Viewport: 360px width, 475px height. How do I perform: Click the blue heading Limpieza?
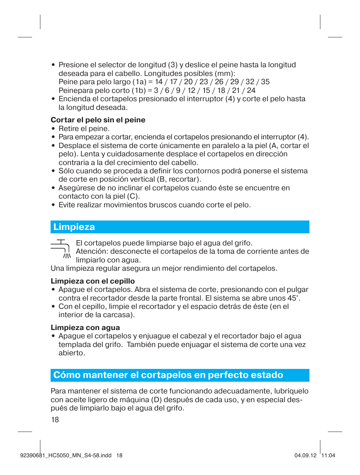pyautogui.click(x=74, y=227)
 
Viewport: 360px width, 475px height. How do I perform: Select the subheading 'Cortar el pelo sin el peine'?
pyautogui.click(x=98, y=120)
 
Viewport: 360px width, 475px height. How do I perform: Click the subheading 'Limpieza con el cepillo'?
pyautogui.click(x=93, y=281)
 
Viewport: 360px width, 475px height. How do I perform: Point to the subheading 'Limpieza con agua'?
pyautogui.click(x=85, y=328)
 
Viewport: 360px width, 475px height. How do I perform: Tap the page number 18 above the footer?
pyautogui.click(x=55, y=420)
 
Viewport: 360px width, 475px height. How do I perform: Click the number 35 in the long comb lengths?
pyautogui.click(x=265, y=82)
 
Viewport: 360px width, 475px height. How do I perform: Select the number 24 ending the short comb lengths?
pyautogui.click(x=251, y=91)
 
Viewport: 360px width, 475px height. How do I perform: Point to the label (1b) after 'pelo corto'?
pyautogui.click(x=138, y=91)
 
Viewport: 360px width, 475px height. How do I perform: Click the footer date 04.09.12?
pyautogui.click(x=305, y=455)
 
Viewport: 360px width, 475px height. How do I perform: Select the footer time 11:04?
pyautogui.click(x=328, y=455)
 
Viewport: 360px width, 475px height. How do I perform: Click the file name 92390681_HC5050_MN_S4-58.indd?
pyautogui.click(x=66, y=455)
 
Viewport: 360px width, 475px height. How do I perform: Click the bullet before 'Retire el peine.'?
pyautogui.click(x=54, y=129)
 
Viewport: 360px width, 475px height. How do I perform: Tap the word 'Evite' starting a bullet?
pyautogui.click(x=67, y=205)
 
